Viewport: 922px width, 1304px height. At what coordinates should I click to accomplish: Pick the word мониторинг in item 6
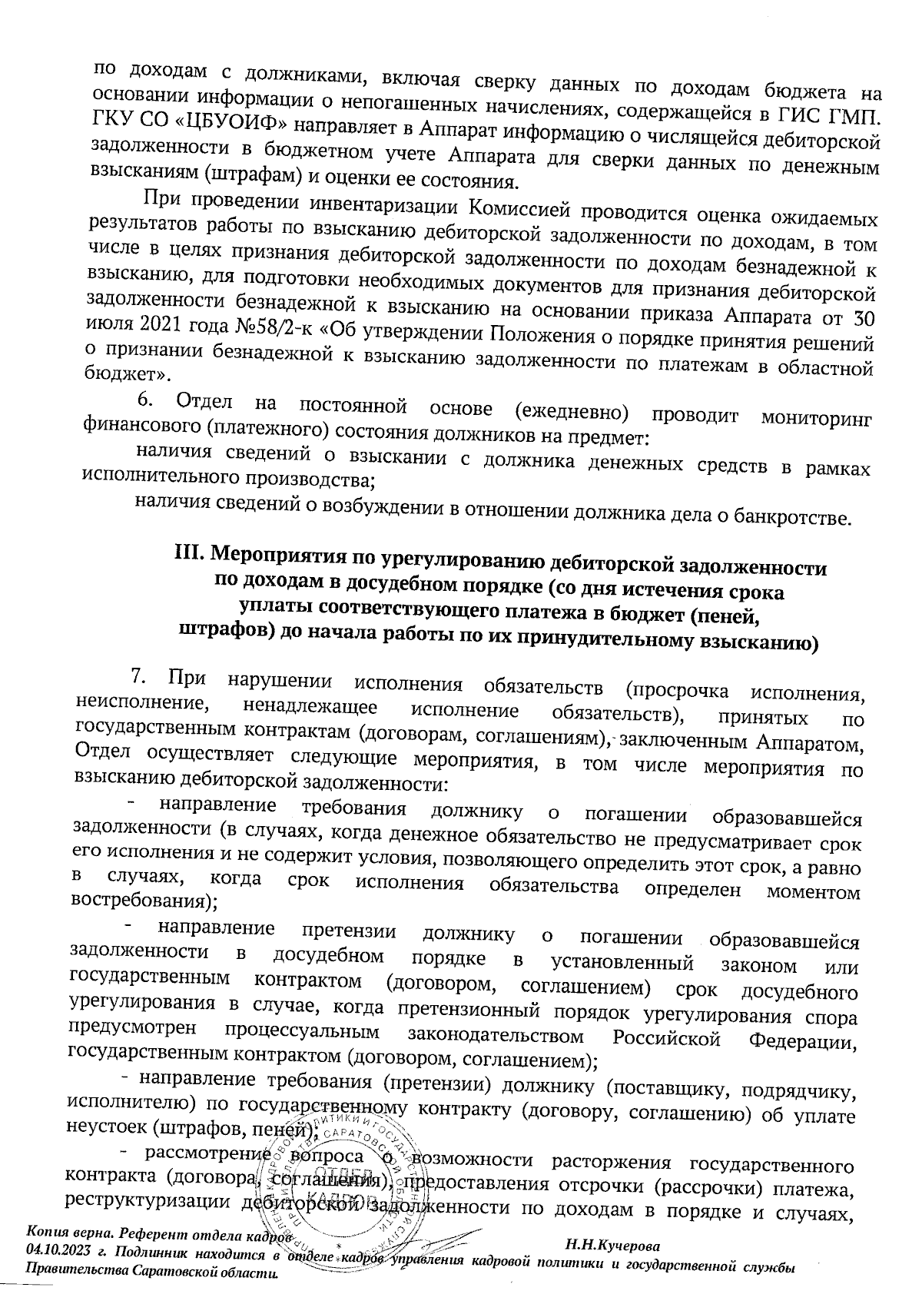[815, 420]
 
